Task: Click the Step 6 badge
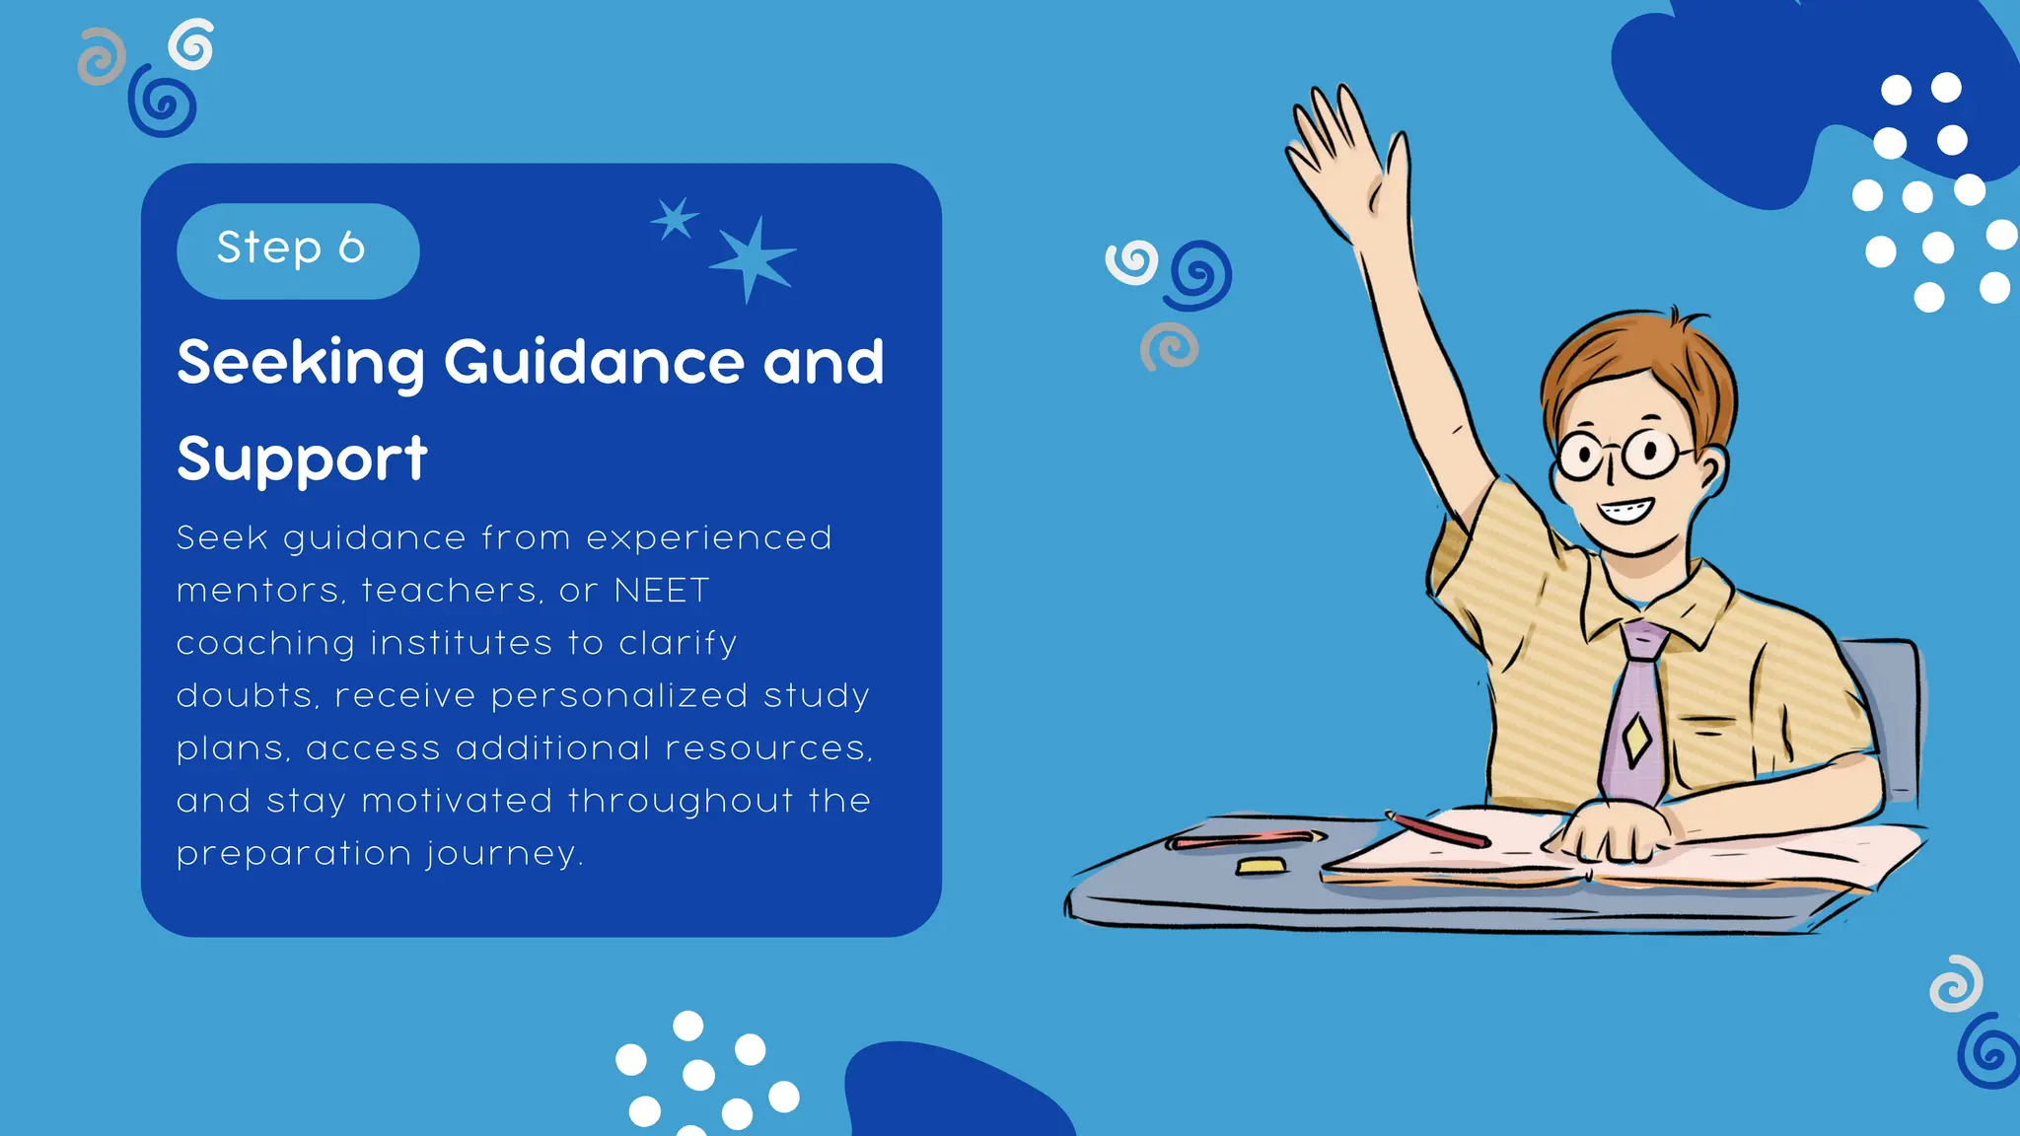coord(297,250)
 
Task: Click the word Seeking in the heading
coord(300,363)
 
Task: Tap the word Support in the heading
coord(302,460)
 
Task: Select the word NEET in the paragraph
coord(661,591)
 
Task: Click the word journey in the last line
coord(503,854)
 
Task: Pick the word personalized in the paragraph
coord(618,696)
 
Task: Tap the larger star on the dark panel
coord(753,258)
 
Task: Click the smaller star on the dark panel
coord(675,219)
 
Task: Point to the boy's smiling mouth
coord(1624,511)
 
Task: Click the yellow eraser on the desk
coord(1261,866)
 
